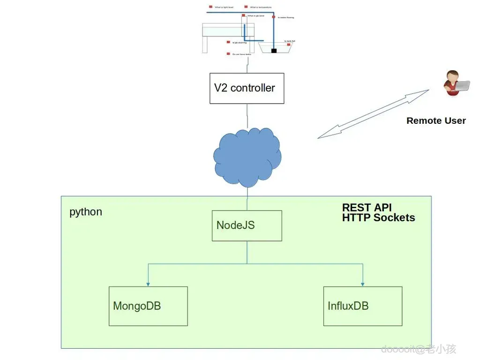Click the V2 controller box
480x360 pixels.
247,88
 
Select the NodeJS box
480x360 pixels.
247,225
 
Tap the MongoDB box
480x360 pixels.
148,306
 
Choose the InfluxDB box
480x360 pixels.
363,306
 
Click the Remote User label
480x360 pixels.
436,120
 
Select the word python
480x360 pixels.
86,212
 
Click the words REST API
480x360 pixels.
367,208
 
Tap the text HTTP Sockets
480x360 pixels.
378,217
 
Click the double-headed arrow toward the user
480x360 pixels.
373,114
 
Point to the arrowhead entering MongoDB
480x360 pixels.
148,284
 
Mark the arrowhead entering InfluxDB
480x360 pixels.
363,284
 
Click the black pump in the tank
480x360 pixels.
274,50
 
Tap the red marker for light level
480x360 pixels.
211,7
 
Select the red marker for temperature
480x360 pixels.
246,7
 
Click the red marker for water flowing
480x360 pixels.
274,17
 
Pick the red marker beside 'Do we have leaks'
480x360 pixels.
228,54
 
